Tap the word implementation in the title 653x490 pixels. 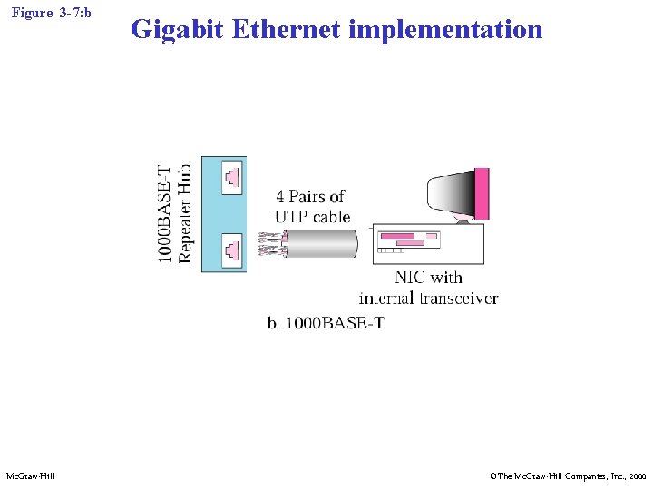click(x=445, y=29)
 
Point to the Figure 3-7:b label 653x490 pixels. click(x=52, y=14)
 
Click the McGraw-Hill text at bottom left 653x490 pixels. click(x=30, y=475)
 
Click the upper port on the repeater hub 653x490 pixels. click(x=232, y=177)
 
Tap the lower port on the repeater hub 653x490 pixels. click(x=232, y=247)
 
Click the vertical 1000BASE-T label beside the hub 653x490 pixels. click(x=164, y=214)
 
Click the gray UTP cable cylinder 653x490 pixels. click(x=322, y=243)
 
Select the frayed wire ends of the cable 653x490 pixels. click(x=271, y=244)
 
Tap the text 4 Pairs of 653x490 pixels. click(x=310, y=196)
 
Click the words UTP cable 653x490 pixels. click(x=312, y=217)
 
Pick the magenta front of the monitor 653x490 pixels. click(x=482, y=193)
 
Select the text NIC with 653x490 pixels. click(x=428, y=278)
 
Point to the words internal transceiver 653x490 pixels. click(x=428, y=298)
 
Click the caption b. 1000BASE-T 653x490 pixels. click(x=326, y=323)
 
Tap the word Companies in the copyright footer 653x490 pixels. click(x=573, y=475)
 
